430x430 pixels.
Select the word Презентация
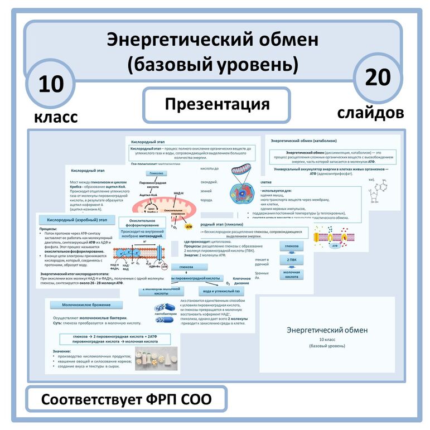[x=217, y=104]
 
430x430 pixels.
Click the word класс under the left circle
[x=56, y=117]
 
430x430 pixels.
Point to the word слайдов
[x=371, y=113]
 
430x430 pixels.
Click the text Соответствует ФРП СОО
[x=127, y=400]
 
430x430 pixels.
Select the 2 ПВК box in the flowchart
[x=292, y=259]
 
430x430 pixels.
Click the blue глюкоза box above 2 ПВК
[x=292, y=245]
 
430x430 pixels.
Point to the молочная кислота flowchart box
[x=292, y=275]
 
